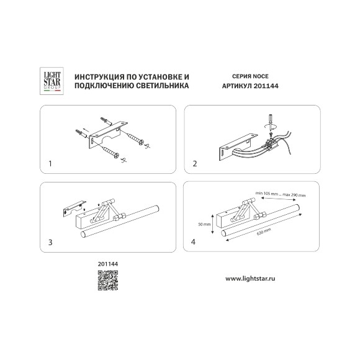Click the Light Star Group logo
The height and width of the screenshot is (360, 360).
(x=52, y=81)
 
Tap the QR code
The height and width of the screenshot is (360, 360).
(x=108, y=281)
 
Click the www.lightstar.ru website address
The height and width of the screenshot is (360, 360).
(x=250, y=279)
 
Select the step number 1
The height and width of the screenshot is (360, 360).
(x=50, y=164)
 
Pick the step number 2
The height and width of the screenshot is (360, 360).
(x=195, y=164)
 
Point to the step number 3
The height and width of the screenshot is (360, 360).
(x=50, y=242)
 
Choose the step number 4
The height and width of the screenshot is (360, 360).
(x=193, y=242)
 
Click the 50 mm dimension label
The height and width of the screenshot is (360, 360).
(x=204, y=224)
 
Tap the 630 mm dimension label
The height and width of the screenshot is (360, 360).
(x=264, y=232)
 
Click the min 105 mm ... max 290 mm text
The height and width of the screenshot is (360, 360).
(x=281, y=194)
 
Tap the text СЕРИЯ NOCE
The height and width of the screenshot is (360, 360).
(x=250, y=76)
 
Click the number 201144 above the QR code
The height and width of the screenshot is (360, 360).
(x=108, y=264)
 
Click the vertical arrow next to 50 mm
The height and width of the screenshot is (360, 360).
(x=213, y=224)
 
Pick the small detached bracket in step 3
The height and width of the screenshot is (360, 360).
(x=74, y=208)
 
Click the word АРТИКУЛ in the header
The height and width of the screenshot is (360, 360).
(x=237, y=86)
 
